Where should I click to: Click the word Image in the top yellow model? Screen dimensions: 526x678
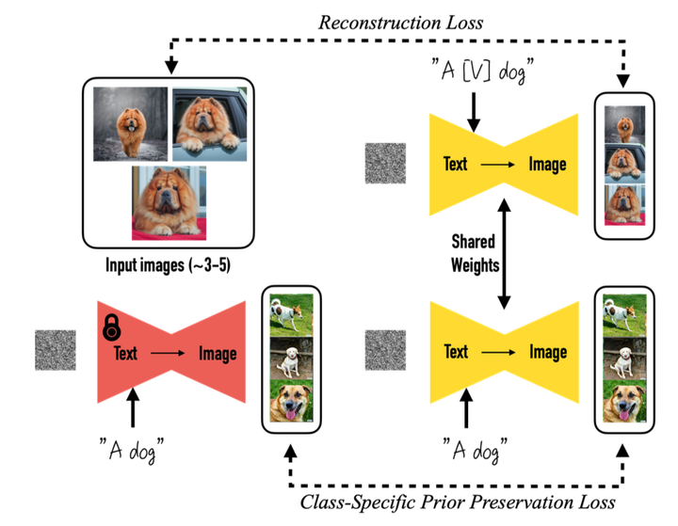547,166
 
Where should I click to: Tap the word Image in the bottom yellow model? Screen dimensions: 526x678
547,352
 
